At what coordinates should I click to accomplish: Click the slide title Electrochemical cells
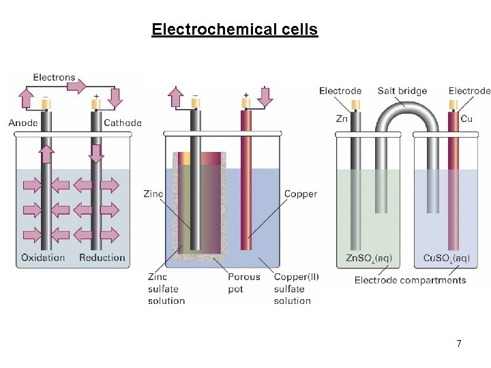tap(235, 30)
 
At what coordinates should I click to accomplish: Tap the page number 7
tap(459, 344)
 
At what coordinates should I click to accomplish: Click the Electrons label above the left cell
tap(54, 78)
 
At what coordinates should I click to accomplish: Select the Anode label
tap(23, 123)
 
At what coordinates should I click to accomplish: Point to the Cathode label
tap(123, 123)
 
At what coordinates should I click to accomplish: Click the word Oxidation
tap(43, 258)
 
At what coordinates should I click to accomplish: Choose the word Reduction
tap(102, 258)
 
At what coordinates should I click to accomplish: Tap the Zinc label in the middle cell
tap(153, 194)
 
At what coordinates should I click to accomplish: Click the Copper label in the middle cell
tap(301, 194)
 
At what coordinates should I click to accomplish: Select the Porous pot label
tap(244, 283)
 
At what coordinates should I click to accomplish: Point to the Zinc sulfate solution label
tap(166, 288)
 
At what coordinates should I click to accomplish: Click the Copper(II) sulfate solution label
tap(296, 288)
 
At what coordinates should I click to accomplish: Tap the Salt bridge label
tap(402, 91)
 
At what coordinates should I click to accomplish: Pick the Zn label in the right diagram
tap(342, 119)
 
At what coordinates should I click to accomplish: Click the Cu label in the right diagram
tap(466, 119)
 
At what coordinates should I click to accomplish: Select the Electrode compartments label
tap(411, 280)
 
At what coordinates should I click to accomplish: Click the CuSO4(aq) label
tap(447, 258)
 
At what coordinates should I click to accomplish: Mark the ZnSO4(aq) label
tap(369, 258)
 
